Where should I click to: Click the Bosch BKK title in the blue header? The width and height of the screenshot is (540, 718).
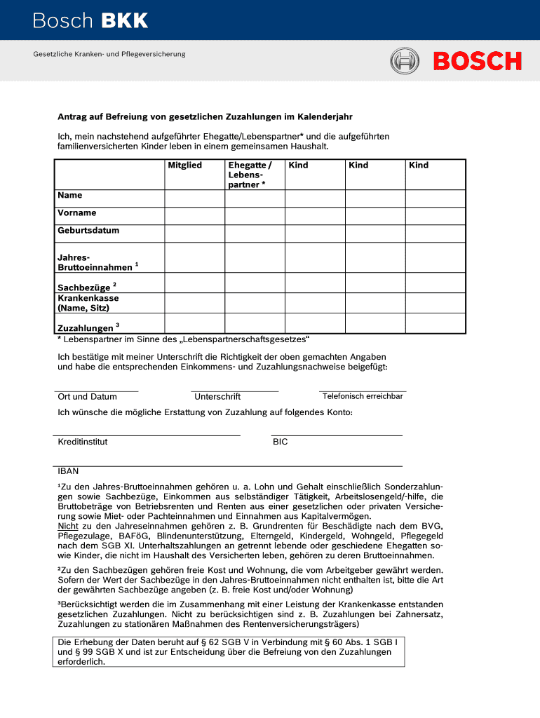pyautogui.click(x=90, y=21)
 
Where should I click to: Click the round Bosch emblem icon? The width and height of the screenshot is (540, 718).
pyautogui.click(x=405, y=61)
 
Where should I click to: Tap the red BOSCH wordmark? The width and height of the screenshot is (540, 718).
pyautogui.click(x=477, y=62)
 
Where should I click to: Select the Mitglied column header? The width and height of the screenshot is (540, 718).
pyautogui.click(x=184, y=165)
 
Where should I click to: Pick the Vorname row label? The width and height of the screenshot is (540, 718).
pyautogui.click(x=77, y=212)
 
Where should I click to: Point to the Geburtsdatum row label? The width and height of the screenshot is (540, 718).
pyautogui.click(x=88, y=230)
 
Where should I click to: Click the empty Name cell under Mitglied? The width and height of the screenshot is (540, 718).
pyautogui.click(x=194, y=198)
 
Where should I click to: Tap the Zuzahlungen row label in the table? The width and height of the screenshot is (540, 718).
pyautogui.click(x=86, y=327)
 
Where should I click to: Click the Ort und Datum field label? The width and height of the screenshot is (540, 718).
pyautogui.click(x=87, y=397)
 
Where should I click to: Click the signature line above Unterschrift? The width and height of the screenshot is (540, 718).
pyautogui.click(x=234, y=391)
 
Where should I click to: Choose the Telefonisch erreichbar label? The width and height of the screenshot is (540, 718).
pyautogui.click(x=363, y=396)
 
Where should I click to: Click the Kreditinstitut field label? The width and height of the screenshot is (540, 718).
pyautogui.click(x=83, y=442)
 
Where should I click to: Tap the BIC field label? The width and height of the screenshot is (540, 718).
pyautogui.click(x=280, y=442)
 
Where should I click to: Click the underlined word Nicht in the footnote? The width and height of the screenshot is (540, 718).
pyautogui.click(x=67, y=526)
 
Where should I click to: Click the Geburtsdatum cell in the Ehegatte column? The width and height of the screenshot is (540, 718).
pyautogui.click(x=255, y=233)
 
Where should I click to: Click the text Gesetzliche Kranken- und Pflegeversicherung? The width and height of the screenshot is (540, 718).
pyautogui.click(x=109, y=54)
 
